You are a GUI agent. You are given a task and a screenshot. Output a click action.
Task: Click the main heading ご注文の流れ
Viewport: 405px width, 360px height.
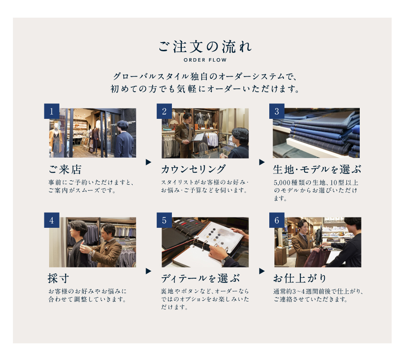click(205, 47)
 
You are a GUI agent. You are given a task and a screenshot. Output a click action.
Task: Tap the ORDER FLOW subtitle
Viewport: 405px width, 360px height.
click(205, 60)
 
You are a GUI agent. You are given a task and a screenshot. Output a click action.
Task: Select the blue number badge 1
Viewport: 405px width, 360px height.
click(52, 111)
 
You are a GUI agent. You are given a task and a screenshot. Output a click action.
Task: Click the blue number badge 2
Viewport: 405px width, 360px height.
click(164, 111)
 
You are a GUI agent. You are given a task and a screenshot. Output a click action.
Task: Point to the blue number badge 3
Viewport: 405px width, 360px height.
click(277, 111)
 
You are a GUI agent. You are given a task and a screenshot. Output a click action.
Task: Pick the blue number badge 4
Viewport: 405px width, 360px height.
click(52, 220)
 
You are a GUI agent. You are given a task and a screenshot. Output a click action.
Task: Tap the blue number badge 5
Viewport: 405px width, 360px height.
click(164, 220)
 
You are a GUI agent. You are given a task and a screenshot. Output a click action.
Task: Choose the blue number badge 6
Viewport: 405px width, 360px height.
click(277, 220)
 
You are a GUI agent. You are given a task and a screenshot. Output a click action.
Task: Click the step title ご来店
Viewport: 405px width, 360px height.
click(65, 170)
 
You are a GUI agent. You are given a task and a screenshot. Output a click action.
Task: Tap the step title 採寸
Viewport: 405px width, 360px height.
click(59, 279)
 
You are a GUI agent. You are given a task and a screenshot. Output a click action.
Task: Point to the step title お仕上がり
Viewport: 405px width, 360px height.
click(300, 278)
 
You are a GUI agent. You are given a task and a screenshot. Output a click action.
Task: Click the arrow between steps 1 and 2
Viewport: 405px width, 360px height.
click(148, 162)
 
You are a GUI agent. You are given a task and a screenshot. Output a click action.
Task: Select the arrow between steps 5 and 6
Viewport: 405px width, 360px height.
click(262, 271)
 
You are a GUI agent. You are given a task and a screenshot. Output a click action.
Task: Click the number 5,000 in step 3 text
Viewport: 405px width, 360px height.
click(282, 183)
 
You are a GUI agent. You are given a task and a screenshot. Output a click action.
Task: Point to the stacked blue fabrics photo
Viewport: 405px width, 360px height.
click(316, 133)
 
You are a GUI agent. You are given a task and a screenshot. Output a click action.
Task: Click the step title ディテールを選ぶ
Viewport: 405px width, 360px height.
click(200, 279)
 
